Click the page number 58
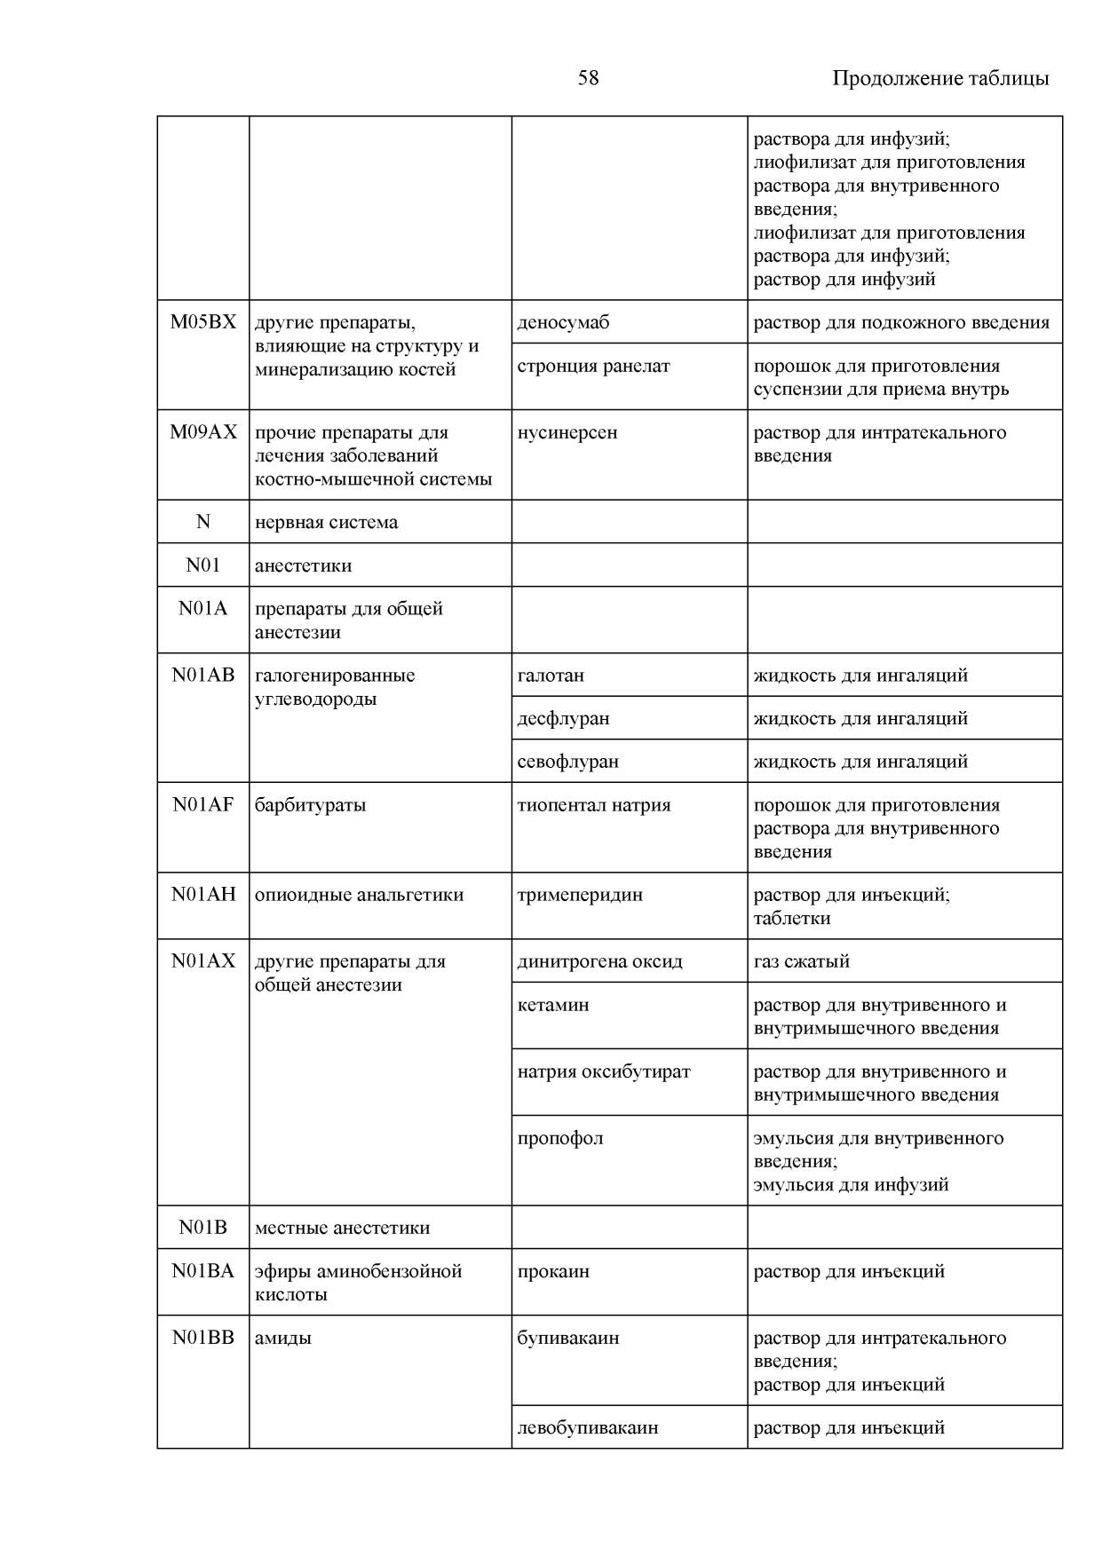tap(588, 78)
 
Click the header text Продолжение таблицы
tap(939, 78)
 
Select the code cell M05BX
tap(203, 322)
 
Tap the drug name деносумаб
tap(563, 322)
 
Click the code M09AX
tap(203, 432)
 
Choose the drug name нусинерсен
tap(567, 432)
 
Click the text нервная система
tap(326, 522)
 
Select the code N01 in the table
tap(203, 565)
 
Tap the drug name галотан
tap(551, 676)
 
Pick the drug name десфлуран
tap(563, 718)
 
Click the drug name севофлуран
tap(567, 762)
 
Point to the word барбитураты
tap(310, 805)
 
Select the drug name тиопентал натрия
tap(593, 805)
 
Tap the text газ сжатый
tap(801, 961)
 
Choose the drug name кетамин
tap(552, 1005)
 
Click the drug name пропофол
tap(559, 1138)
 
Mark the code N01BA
tap(203, 1271)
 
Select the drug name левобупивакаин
tap(587, 1427)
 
